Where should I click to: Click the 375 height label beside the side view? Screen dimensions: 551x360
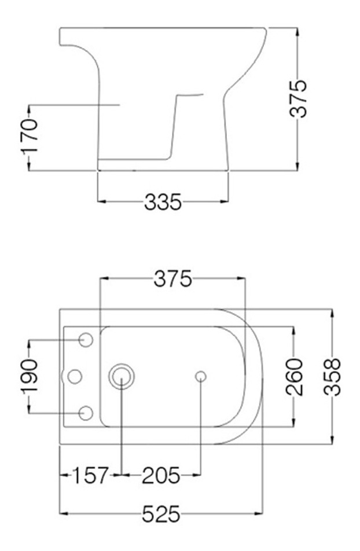pos(298,98)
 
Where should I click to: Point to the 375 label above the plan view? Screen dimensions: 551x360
pos(172,279)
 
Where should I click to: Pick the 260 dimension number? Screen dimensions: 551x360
pos(295,377)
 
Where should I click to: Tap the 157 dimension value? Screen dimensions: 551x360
pos(90,476)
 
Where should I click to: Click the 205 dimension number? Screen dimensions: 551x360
pos(161,476)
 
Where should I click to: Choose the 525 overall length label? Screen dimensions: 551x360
pos(161,513)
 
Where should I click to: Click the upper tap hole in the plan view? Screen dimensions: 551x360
pos(86,340)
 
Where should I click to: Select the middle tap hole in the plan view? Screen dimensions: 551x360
pos(75,377)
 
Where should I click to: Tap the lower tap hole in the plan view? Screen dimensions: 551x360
pos(86,413)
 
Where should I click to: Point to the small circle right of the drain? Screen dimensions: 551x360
pos(200,377)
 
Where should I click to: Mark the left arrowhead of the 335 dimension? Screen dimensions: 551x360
pos(101,202)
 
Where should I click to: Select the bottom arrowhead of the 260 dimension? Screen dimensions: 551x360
pos(295,424)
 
